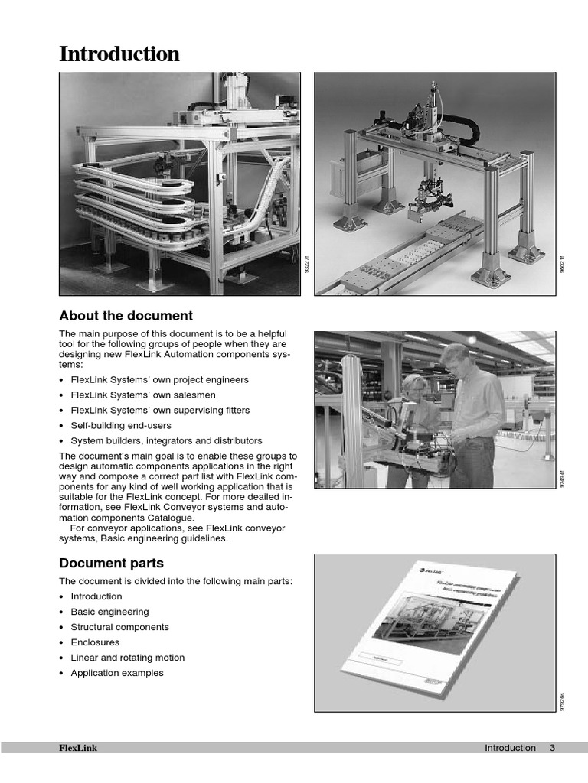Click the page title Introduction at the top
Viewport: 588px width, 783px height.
tap(119, 54)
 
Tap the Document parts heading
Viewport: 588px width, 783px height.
tap(112, 564)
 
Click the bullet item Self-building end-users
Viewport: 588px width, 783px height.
tap(121, 425)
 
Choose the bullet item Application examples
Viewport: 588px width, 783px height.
tap(117, 673)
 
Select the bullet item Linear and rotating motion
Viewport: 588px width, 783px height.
tap(127, 658)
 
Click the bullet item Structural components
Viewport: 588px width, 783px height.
tap(119, 627)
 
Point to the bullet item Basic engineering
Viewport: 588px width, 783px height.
tap(109, 612)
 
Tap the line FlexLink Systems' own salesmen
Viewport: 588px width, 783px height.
tap(143, 395)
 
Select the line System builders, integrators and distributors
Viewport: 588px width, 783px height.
tap(166, 440)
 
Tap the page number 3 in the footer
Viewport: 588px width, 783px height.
tap(551, 748)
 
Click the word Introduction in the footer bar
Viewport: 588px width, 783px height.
tap(510, 748)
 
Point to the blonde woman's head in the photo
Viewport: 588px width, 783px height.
tap(413, 385)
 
